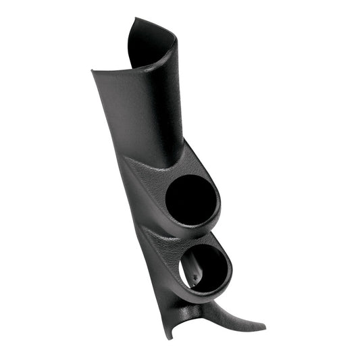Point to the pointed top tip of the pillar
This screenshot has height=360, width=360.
point(132,21)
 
